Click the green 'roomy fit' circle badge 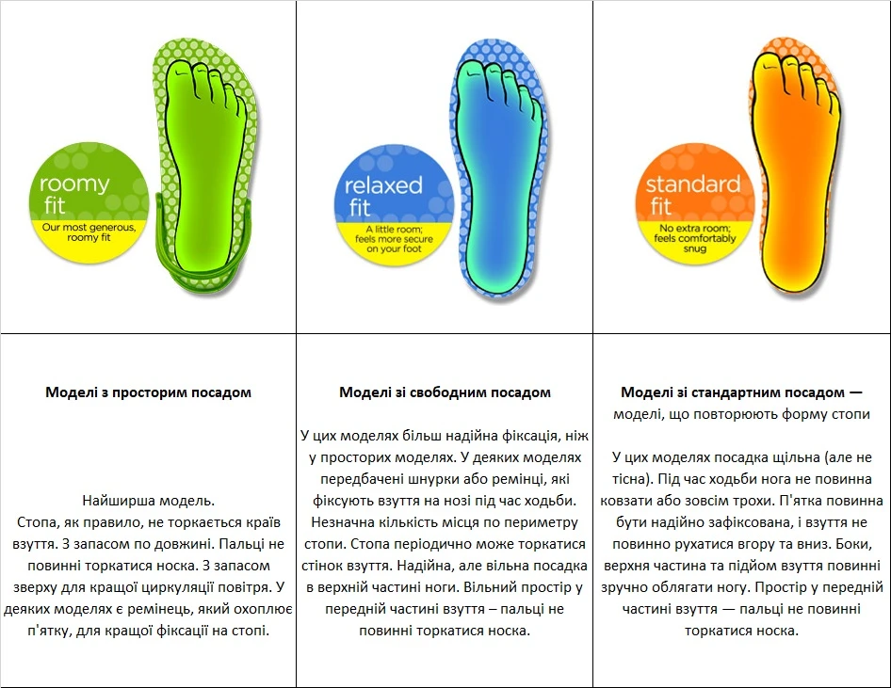point(89,202)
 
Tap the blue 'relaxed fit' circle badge point(393,205)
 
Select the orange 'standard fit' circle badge point(694,204)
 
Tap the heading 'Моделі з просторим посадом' point(148,392)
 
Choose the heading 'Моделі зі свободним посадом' point(445,392)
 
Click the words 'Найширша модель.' point(148,501)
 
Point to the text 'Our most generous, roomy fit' point(89,232)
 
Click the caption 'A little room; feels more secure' point(394,233)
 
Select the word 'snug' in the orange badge point(694,248)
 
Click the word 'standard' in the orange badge point(692,184)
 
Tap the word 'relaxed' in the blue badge point(383,185)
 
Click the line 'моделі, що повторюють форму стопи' point(741,414)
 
